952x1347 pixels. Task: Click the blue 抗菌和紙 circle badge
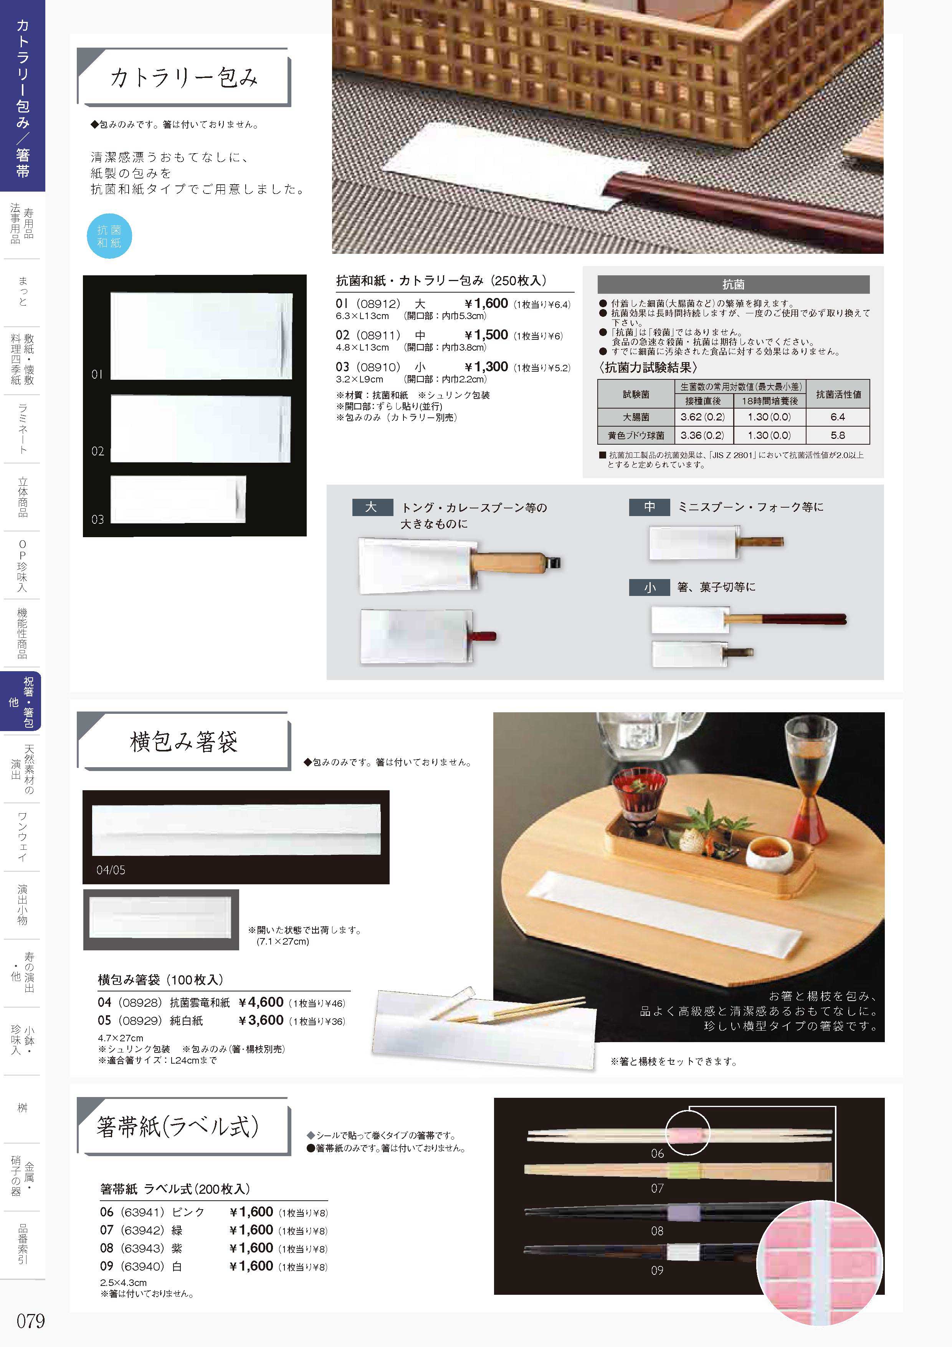point(109,237)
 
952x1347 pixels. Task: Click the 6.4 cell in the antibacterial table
point(837,417)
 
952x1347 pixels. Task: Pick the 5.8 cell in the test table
point(837,435)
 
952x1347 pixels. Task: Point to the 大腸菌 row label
point(636,417)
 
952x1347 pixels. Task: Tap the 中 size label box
point(650,507)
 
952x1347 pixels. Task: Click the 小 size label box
point(650,587)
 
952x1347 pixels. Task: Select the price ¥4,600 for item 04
point(261,1002)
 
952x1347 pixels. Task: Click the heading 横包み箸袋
point(183,741)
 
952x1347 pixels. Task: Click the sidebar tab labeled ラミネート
point(22,428)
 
